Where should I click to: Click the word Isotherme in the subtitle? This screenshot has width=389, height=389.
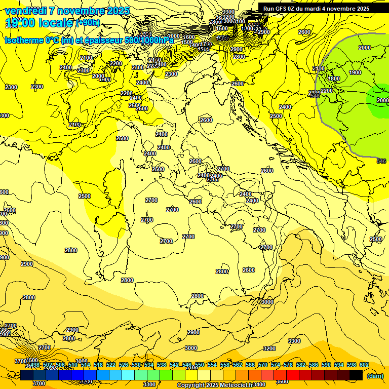[23, 40]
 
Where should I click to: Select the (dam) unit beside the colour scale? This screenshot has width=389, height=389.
[374, 376]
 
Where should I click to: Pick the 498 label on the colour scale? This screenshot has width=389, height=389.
[35, 365]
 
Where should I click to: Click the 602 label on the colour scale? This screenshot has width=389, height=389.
[364, 365]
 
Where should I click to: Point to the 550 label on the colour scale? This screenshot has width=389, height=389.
[199, 365]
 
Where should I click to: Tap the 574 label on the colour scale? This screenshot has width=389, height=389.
[275, 365]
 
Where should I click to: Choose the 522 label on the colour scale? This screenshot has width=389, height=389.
[111, 365]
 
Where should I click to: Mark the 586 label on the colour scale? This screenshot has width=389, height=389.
[313, 365]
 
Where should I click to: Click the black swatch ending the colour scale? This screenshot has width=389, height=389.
[356, 375]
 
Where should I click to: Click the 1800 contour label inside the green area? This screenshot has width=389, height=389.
[334, 79]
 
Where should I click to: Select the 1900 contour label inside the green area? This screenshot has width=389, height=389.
[355, 72]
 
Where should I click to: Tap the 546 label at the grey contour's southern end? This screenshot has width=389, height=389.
[381, 161]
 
